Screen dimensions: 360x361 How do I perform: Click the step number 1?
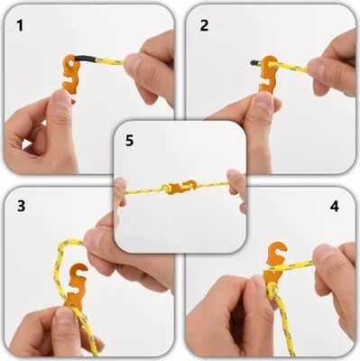pos(20,25)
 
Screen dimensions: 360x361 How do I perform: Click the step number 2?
pos(204,25)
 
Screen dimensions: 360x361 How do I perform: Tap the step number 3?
pos(21,206)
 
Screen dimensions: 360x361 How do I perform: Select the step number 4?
pos(335,206)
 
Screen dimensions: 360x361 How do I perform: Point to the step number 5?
pos(129,141)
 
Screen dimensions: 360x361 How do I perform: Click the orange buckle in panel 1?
pos(70,75)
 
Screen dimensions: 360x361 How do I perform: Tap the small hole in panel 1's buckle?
pos(71,64)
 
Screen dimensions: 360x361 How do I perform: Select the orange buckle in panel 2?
pos(268,74)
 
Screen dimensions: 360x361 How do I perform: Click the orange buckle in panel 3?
pos(74,286)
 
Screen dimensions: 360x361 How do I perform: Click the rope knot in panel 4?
pos(272,291)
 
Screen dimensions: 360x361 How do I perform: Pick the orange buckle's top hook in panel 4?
pos(278,250)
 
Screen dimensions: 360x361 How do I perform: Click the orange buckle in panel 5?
pos(180,188)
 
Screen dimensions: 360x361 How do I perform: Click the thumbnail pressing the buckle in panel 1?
pos(62,98)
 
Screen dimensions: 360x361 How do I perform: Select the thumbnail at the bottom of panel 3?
pos(64,315)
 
